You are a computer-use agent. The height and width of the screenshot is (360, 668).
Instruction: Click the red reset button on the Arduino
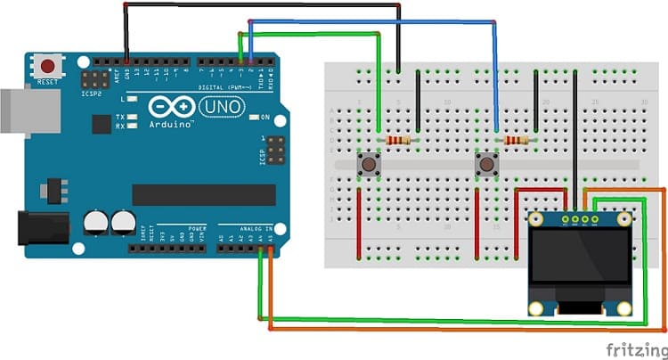coord(48,66)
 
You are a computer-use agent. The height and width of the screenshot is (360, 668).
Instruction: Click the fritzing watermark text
coord(634,347)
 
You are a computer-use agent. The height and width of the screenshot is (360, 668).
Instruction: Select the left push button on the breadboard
coord(367,164)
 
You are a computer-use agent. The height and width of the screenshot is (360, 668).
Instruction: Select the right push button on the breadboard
coord(486,164)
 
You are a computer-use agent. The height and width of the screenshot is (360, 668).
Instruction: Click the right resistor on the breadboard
coord(516,140)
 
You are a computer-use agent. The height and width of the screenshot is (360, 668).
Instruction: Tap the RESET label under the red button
coord(46,82)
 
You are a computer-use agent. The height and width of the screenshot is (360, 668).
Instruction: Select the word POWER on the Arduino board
coord(198,228)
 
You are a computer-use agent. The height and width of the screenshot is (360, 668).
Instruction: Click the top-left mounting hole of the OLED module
coord(534,218)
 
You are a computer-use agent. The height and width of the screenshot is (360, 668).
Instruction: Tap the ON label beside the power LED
coord(265,117)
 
